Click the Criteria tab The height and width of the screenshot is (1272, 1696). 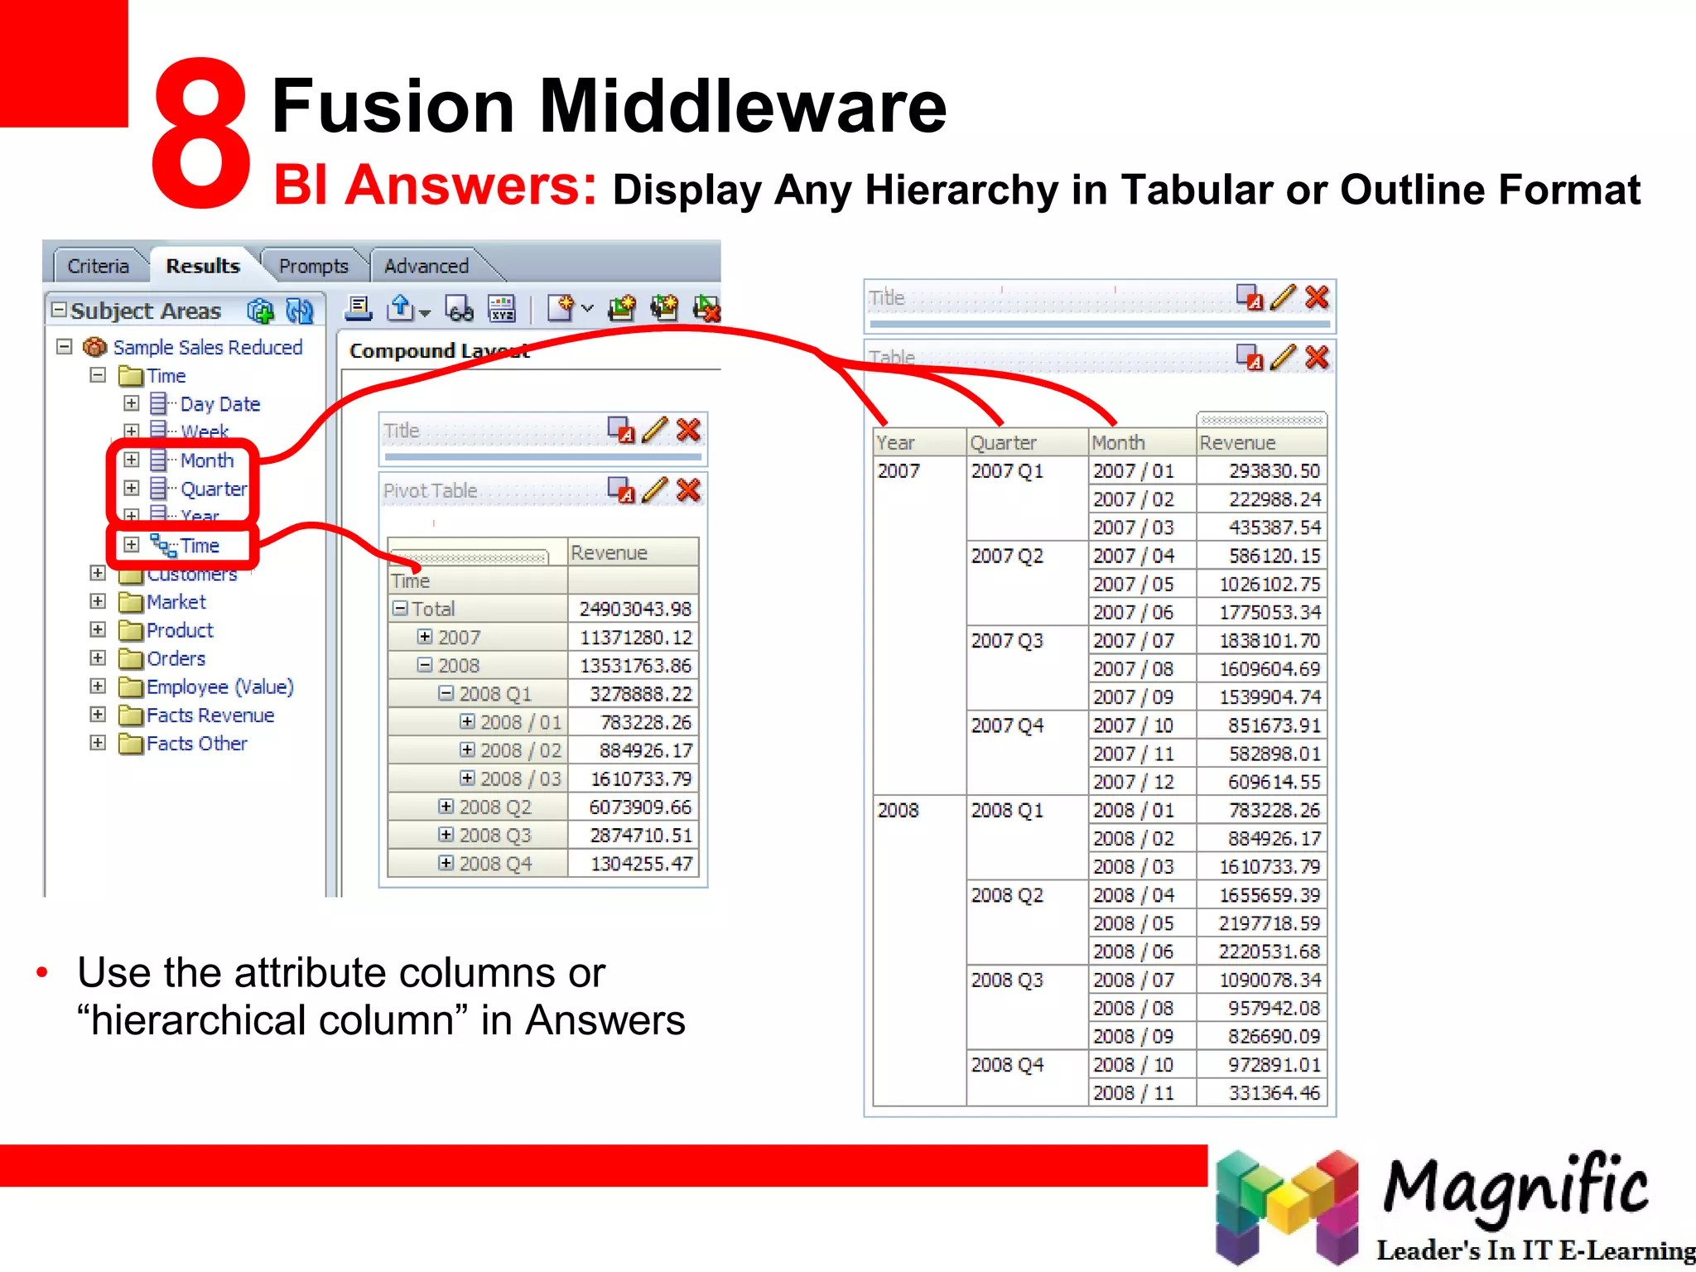[98, 266]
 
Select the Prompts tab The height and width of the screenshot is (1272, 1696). [313, 266]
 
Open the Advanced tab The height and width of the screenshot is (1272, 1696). [426, 266]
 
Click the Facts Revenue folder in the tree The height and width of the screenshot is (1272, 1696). [210, 715]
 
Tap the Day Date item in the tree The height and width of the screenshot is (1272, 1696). [219, 404]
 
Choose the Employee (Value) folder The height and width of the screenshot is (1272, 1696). [219, 687]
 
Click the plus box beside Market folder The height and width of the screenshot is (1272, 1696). [98, 602]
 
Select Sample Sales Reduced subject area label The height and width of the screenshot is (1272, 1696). [207, 348]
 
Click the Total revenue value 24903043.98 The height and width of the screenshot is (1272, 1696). [634, 609]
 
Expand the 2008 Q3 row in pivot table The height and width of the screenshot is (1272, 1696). [446, 835]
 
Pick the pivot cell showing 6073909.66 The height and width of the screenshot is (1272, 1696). [639, 807]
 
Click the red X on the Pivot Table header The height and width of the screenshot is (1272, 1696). [688, 490]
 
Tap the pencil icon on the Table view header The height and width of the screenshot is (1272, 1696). [1283, 357]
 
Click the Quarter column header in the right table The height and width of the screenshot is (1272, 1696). [1003, 443]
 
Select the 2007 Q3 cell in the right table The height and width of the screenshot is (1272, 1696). [1007, 641]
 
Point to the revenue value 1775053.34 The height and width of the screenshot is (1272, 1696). [1270, 613]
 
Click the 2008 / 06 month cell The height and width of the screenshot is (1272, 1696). [1133, 952]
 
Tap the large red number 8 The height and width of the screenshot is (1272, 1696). [201, 132]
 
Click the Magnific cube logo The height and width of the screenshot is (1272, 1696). [1286, 1206]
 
